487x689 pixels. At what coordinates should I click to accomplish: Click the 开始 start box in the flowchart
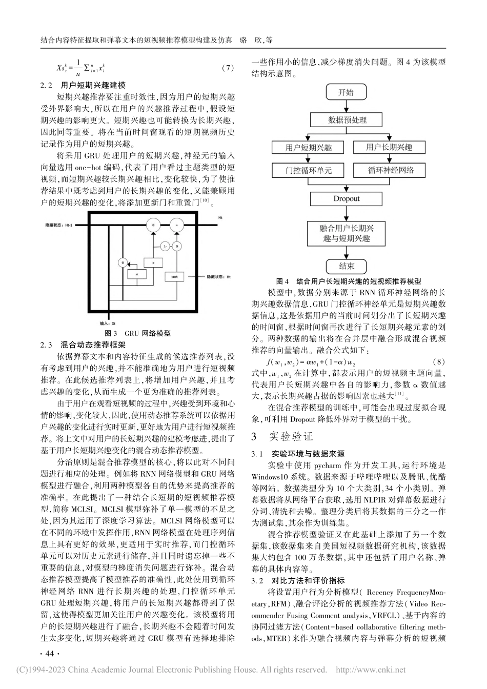click(x=346, y=92)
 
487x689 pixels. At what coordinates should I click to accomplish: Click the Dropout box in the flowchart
click(x=347, y=198)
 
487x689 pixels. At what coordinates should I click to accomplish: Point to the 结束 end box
click(x=347, y=266)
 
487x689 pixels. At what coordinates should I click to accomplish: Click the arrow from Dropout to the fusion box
click(x=347, y=213)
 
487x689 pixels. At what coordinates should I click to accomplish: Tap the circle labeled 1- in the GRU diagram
click(x=164, y=246)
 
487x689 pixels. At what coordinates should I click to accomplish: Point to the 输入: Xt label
click(x=108, y=323)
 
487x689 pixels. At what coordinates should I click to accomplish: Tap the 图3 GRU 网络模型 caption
click(x=137, y=333)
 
